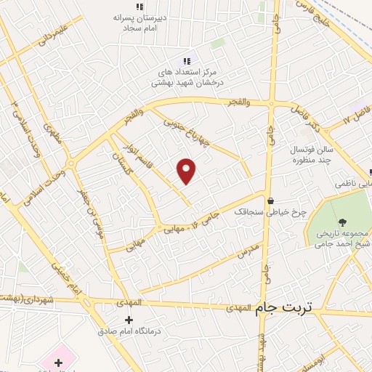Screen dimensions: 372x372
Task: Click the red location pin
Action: coord(187,171)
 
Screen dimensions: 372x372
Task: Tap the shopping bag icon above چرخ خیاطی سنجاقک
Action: coord(270,201)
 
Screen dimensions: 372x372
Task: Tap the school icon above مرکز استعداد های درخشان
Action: coord(186,61)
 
